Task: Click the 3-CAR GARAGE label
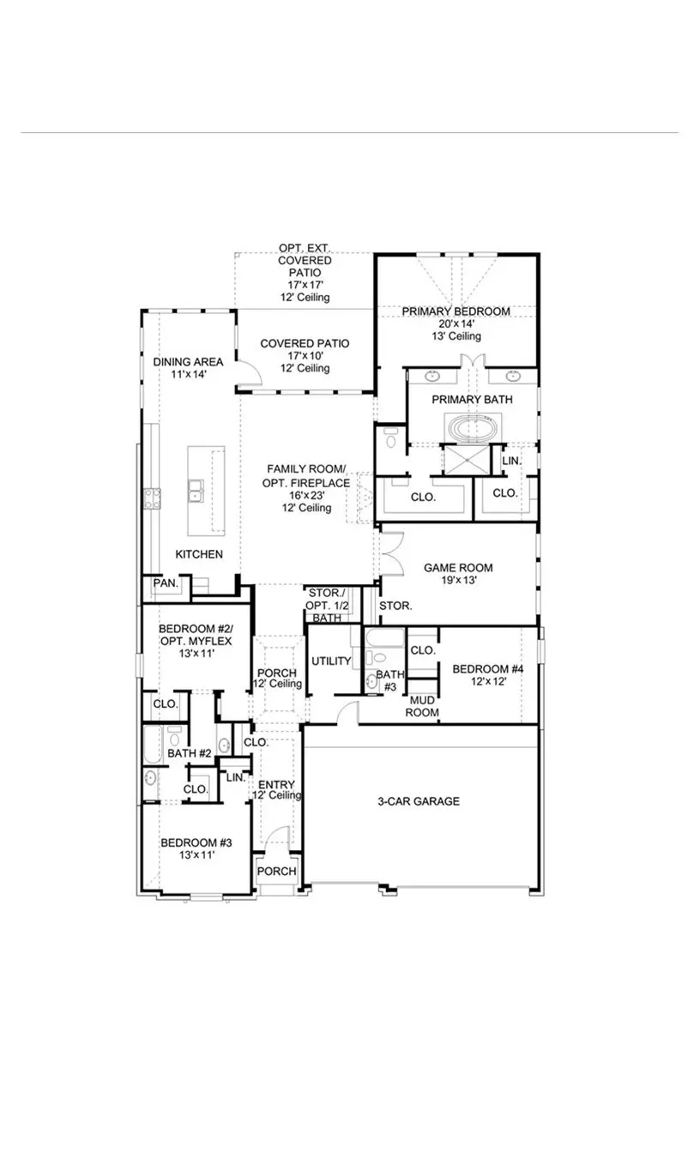pyautogui.click(x=419, y=801)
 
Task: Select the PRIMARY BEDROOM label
pyautogui.click(x=456, y=311)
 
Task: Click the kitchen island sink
pyautogui.click(x=195, y=490)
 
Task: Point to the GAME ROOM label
pyautogui.click(x=458, y=567)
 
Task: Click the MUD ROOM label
pyautogui.click(x=422, y=706)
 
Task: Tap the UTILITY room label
pyautogui.click(x=331, y=661)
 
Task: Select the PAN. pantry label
pyautogui.click(x=166, y=583)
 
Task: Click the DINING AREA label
pyautogui.click(x=188, y=362)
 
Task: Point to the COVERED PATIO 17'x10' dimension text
pyautogui.click(x=305, y=355)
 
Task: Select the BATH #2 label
pyautogui.click(x=189, y=753)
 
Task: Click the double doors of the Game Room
pyautogui.click(x=390, y=553)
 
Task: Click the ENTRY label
pyautogui.click(x=275, y=784)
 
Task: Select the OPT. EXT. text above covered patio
pyautogui.click(x=305, y=249)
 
